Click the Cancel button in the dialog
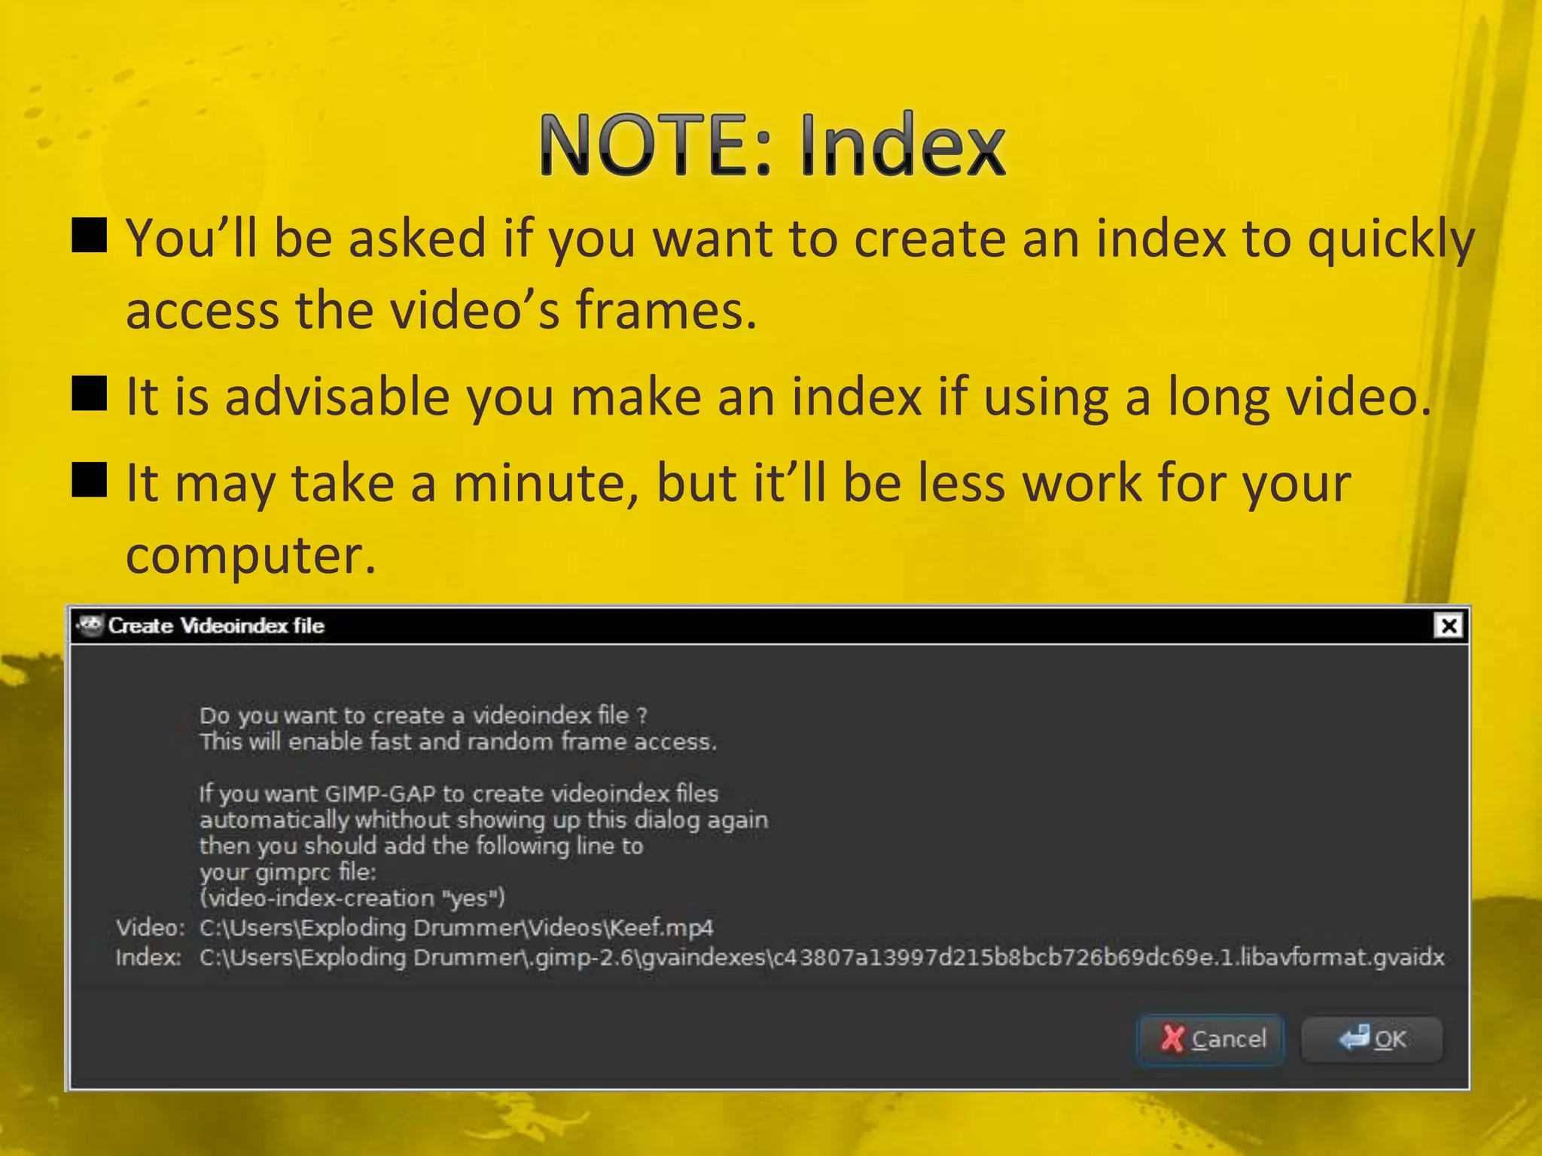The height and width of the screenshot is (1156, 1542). coord(1211,1039)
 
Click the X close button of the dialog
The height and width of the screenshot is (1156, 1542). coord(1449,626)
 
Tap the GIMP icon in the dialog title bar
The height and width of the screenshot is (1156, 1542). coord(90,625)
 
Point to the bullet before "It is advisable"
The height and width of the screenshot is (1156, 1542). coord(89,394)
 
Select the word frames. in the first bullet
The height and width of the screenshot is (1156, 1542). coord(666,310)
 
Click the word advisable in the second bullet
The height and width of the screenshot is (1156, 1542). coord(337,397)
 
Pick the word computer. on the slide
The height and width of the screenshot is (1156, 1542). coord(250,557)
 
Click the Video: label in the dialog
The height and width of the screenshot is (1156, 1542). coord(150,928)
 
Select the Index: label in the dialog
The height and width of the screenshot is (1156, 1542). coord(148,958)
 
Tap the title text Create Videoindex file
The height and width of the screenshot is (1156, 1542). coord(216,626)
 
